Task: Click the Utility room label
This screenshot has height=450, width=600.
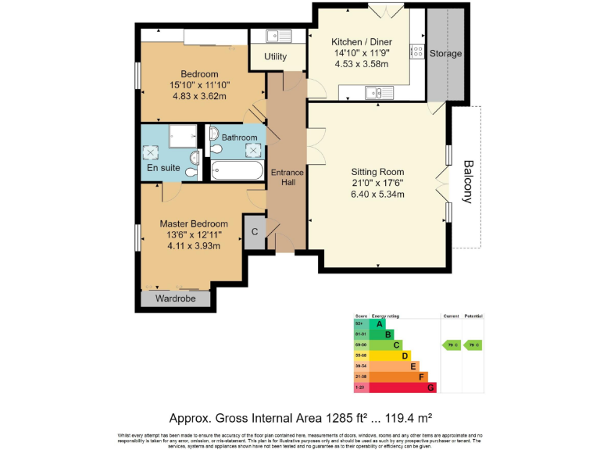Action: click(x=275, y=57)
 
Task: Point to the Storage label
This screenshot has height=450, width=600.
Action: click(x=445, y=54)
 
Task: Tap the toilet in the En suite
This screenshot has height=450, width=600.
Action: click(x=195, y=169)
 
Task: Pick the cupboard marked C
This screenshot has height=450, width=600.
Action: click(x=255, y=232)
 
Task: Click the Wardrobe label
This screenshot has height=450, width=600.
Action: click(x=176, y=298)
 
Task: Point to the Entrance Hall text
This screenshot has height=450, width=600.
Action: click(x=281, y=177)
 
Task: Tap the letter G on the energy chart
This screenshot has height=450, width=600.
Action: click(x=430, y=387)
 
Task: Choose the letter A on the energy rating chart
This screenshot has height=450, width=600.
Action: click(x=380, y=324)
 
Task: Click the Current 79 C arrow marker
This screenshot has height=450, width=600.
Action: click(x=451, y=345)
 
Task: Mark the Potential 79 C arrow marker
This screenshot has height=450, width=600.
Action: click(x=473, y=345)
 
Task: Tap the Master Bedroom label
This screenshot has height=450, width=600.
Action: click(x=194, y=223)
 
